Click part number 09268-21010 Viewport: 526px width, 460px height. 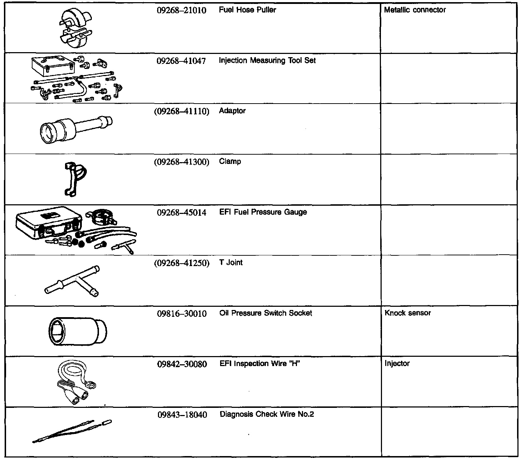[182, 10]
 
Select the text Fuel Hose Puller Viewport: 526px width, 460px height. [247, 10]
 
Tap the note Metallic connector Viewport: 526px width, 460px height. [415, 10]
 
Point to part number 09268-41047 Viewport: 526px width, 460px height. [182, 61]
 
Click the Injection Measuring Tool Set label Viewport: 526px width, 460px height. [267, 60]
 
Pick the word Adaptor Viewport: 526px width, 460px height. [232, 111]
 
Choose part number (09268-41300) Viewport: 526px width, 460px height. [182, 162]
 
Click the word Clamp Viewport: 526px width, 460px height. [230, 161]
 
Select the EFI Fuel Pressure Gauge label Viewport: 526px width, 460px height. [263, 212]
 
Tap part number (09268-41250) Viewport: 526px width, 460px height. [182, 263]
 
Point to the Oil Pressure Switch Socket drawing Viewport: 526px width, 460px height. [77, 331]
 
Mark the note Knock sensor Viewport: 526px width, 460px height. [408, 313]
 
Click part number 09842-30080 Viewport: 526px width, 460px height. [182, 364]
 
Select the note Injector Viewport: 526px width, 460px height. [397, 363]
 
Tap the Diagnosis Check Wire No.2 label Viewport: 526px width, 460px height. [267, 414]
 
